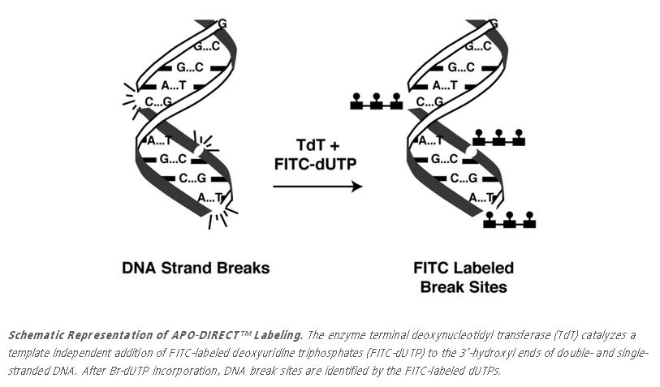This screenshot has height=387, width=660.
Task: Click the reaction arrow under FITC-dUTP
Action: pyautogui.click(x=317, y=187)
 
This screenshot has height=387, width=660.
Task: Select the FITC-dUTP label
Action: pyautogui.click(x=317, y=164)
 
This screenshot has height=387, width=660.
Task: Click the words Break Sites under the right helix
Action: pyautogui.click(x=464, y=286)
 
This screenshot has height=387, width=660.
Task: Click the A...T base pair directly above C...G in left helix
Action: pyautogui.click(x=175, y=84)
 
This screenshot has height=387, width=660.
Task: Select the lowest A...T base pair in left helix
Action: pyautogui.click(x=210, y=196)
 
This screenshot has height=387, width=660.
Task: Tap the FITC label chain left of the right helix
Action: pyautogui.click(x=376, y=102)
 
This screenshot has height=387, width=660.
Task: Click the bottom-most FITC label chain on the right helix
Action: pyautogui.click(x=509, y=219)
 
